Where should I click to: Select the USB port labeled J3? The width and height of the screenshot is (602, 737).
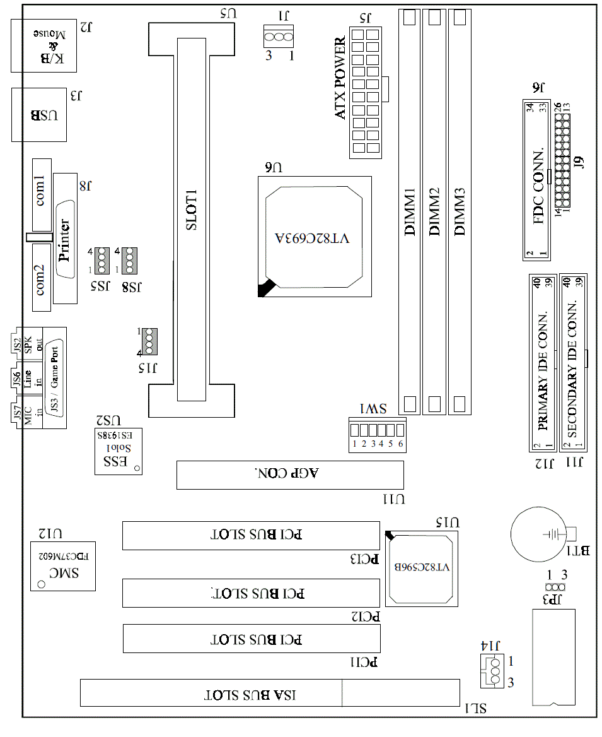coord(43,115)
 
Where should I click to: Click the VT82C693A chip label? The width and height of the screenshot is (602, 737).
coord(313,239)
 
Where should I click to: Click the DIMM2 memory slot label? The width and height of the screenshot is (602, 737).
coord(434,211)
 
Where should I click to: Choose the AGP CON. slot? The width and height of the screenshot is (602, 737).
coord(289,475)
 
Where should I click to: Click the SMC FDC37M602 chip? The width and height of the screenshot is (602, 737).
coord(63,565)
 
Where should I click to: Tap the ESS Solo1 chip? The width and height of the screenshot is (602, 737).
coord(118,452)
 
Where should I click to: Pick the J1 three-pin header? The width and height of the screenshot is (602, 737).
coord(279,37)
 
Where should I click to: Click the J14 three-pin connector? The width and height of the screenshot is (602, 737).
coord(491,672)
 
